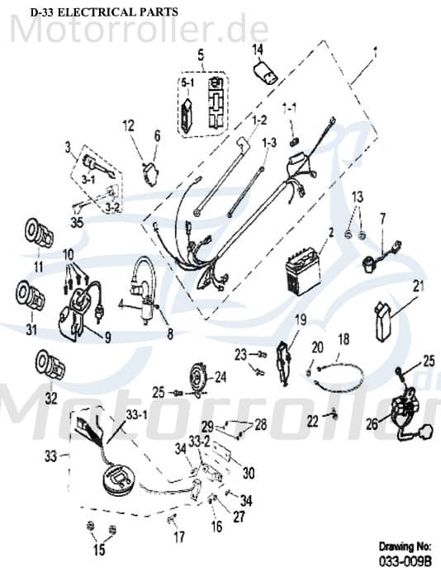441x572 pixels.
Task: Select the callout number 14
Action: [x=258, y=49]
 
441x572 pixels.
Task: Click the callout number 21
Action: [x=418, y=286]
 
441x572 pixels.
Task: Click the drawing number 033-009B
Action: [x=405, y=561]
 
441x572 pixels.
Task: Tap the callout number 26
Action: [x=372, y=425]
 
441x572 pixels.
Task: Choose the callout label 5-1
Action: [x=187, y=82]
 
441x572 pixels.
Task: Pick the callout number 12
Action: [x=128, y=125]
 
